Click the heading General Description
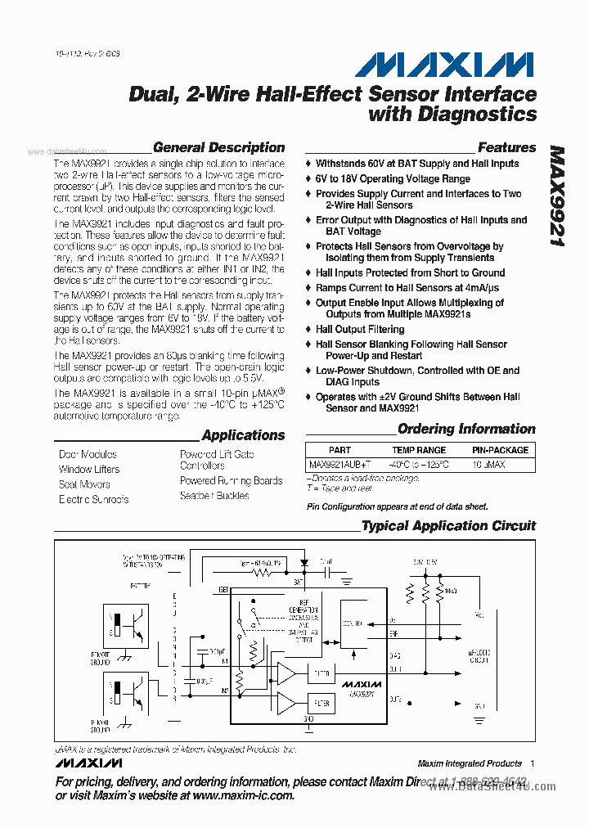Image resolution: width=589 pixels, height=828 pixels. click(x=218, y=148)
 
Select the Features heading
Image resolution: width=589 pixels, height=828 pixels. click(x=506, y=148)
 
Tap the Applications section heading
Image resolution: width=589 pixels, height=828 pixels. click(x=243, y=435)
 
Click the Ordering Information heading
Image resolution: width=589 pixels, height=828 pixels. click(x=466, y=429)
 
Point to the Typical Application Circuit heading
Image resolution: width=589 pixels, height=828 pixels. click(x=448, y=525)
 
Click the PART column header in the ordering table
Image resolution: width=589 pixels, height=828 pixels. click(x=339, y=450)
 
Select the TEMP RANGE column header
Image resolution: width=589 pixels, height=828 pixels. click(x=419, y=450)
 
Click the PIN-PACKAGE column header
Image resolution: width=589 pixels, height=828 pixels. click(x=500, y=450)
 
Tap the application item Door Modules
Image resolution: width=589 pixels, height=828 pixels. click(x=88, y=454)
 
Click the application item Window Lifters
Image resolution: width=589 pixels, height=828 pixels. click(x=89, y=470)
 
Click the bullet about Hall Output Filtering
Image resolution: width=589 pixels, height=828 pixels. click(x=360, y=329)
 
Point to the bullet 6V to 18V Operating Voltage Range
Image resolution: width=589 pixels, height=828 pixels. click(x=393, y=178)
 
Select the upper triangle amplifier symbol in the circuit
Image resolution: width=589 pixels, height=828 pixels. click(x=286, y=673)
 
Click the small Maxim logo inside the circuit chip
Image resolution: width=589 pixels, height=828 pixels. click(x=362, y=684)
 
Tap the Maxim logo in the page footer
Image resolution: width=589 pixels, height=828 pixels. click(x=89, y=763)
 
